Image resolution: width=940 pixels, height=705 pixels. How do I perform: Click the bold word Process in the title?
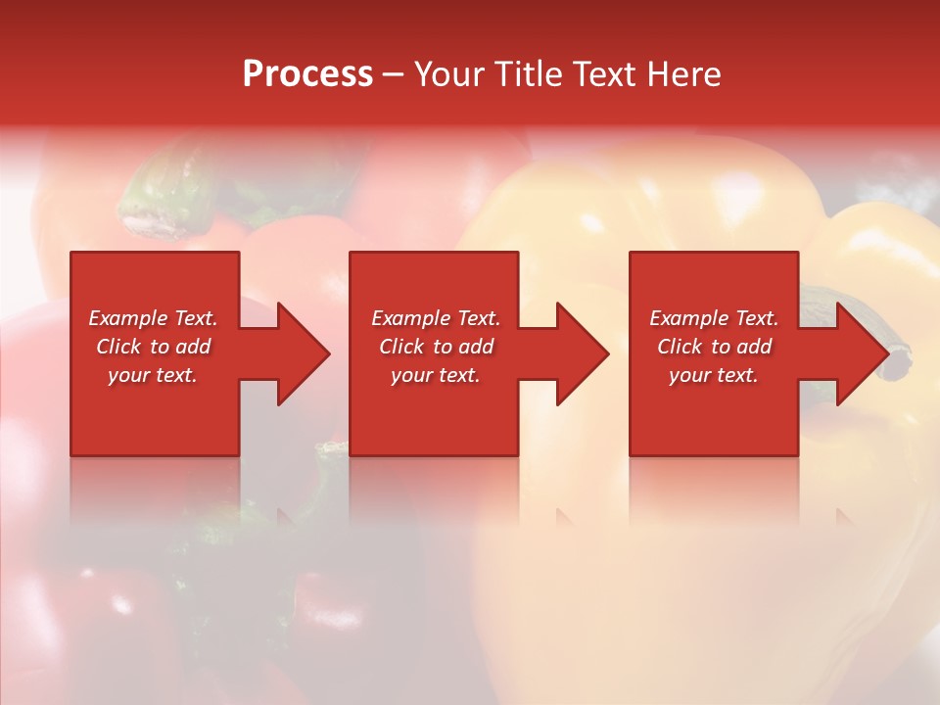(307, 74)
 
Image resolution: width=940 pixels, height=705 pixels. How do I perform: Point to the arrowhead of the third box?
(861, 353)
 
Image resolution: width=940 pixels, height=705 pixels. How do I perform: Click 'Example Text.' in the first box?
(153, 318)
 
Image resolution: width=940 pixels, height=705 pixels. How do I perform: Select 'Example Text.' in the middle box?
(435, 318)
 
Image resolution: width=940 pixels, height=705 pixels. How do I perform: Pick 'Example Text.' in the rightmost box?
(714, 318)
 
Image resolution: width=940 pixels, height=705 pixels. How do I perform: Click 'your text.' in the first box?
(153, 375)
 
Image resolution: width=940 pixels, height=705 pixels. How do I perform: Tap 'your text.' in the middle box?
(435, 375)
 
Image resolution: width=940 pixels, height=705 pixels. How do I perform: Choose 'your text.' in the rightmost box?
(714, 375)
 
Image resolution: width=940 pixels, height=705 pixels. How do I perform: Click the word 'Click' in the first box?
(119, 347)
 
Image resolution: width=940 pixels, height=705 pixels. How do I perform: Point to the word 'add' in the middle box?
(476, 347)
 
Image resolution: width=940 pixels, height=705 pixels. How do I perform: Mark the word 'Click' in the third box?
(681, 347)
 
